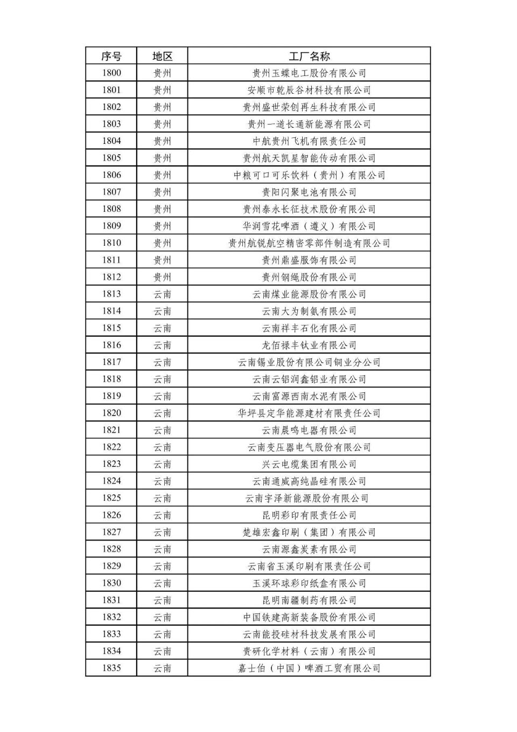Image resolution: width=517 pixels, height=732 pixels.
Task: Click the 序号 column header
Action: pyautogui.click(x=111, y=56)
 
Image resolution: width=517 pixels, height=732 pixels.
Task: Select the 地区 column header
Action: pyautogui.click(x=162, y=56)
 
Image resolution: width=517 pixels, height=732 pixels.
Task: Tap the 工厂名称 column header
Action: pyautogui.click(x=309, y=56)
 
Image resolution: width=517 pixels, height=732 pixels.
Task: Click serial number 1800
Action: pyautogui.click(x=111, y=73)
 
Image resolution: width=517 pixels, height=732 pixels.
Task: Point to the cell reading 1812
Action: pyautogui.click(x=111, y=277)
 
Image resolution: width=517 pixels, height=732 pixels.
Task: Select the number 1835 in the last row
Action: pyautogui.click(x=111, y=668)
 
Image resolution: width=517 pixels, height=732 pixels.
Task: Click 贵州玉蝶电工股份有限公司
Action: pyautogui.click(x=309, y=73)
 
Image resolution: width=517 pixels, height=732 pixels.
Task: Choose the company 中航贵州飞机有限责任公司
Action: pyautogui.click(x=309, y=141)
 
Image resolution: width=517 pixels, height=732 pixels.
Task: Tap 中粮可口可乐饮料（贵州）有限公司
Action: pyautogui.click(x=309, y=175)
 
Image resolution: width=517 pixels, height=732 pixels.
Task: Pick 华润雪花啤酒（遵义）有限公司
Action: pyautogui.click(x=309, y=226)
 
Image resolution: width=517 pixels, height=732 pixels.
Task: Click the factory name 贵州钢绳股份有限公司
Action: pyautogui.click(x=309, y=277)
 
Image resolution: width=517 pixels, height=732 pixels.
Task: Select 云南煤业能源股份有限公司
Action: pyautogui.click(x=309, y=294)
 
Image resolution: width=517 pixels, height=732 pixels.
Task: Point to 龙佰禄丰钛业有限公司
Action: pyautogui.click(x=309, y=345)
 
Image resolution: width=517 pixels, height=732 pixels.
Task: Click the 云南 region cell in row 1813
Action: pyautogui.click(x=162, y=294)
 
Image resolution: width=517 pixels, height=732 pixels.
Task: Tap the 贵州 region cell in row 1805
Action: pyautogui.click(x=162, y=158)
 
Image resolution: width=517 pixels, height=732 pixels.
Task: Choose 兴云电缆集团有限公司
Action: pyautogui.click(x=309, y=464)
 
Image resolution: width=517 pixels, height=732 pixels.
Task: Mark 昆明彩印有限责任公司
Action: pyautogui.click(x=309, y=515)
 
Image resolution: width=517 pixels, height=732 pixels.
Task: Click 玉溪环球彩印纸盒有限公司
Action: pyautogui.click(x=309, y=583)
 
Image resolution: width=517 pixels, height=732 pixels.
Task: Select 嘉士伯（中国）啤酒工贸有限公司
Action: pyautogui.click(x=309, y=668)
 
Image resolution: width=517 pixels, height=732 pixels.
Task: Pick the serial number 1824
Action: pyautogui.click(x=111, y=481)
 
